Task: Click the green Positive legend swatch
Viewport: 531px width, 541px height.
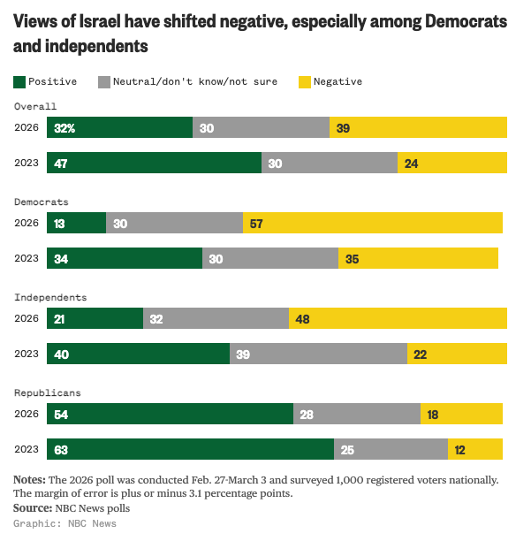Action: pos(19,82)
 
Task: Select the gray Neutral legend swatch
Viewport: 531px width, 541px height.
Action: pos(104,82)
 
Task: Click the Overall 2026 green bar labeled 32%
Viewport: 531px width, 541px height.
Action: pos(119,127)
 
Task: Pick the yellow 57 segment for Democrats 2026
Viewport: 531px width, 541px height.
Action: pos(373,223)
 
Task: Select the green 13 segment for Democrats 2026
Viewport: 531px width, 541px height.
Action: pos(76,223)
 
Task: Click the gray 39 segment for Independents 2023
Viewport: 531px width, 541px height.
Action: pos(318,354)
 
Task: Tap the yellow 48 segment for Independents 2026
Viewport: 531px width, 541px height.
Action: pos(398,318)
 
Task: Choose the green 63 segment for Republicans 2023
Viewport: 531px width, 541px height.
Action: pos(190,449)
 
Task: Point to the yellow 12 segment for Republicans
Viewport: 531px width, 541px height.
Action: pos(475,449)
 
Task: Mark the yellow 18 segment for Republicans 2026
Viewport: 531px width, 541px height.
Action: pos(461,414)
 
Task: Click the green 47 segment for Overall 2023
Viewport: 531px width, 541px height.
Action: pos(154,163)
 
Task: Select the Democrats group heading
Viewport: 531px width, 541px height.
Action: pos(41,202)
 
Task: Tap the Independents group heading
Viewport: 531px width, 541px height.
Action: pos(49,297)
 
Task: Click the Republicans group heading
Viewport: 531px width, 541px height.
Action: pos(47,392)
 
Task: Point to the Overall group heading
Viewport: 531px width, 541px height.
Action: pos(35,106)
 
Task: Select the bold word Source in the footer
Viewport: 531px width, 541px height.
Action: pos(33,508)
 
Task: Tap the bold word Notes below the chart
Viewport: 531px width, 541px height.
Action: pos(30,480)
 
